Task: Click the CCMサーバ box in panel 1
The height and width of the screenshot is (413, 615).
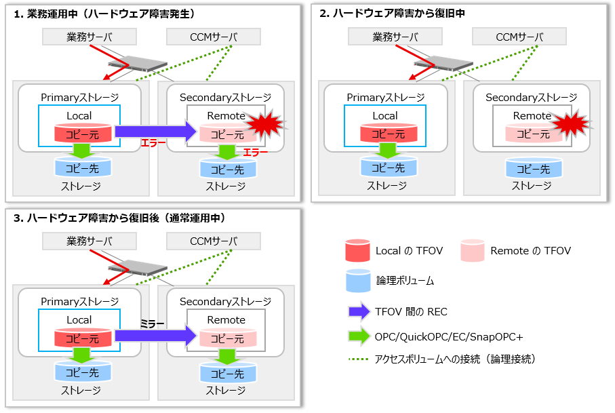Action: click(x=214, y=37)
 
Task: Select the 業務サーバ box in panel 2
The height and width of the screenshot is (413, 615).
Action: click(x=395, y=37)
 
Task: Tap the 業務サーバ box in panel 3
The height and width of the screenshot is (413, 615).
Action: click(x=90, y=241)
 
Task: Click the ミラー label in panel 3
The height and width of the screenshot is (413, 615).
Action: click(x=152, y=324)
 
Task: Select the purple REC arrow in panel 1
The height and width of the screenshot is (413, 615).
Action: click(x=155, y=131)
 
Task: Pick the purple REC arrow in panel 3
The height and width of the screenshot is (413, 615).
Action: click(x=155, y=336)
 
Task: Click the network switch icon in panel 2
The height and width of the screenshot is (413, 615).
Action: click(x=443, y=64)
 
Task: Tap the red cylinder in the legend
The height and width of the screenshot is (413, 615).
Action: click(x=357, y=250)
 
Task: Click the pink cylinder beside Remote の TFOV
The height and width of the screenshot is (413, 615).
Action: click(x=472, y=250)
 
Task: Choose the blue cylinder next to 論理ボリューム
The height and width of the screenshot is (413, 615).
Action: click(x=358, y=281)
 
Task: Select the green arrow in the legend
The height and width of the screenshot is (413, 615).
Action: click(x=359, y=336)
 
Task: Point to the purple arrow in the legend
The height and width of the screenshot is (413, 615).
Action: click(x=359, y=312)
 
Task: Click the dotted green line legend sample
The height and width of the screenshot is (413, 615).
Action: click(x=359, y=359)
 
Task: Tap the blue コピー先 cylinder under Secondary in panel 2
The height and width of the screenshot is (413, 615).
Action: click(x=534, y=168)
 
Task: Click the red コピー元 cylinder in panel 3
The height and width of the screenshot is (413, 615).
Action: click(x=82, y=338)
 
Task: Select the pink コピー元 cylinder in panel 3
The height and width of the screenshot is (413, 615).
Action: click(x=228, y=338)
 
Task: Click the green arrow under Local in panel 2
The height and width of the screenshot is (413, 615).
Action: click(x=388, y=151)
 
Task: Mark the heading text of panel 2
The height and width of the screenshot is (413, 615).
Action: click(x=392, y=14)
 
